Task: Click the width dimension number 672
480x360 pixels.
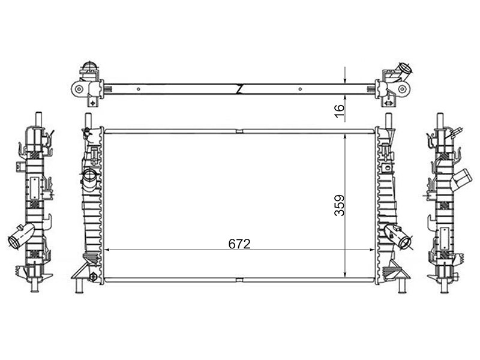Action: [239, 244]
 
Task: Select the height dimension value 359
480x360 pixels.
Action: [340, 205]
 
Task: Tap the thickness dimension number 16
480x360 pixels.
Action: [340, 112]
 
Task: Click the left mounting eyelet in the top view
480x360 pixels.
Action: [79, 89]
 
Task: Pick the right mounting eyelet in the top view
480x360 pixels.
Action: [402, 89]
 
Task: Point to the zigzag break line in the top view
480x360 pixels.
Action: [240, 89]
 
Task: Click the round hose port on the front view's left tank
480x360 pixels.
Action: [91, 176]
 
